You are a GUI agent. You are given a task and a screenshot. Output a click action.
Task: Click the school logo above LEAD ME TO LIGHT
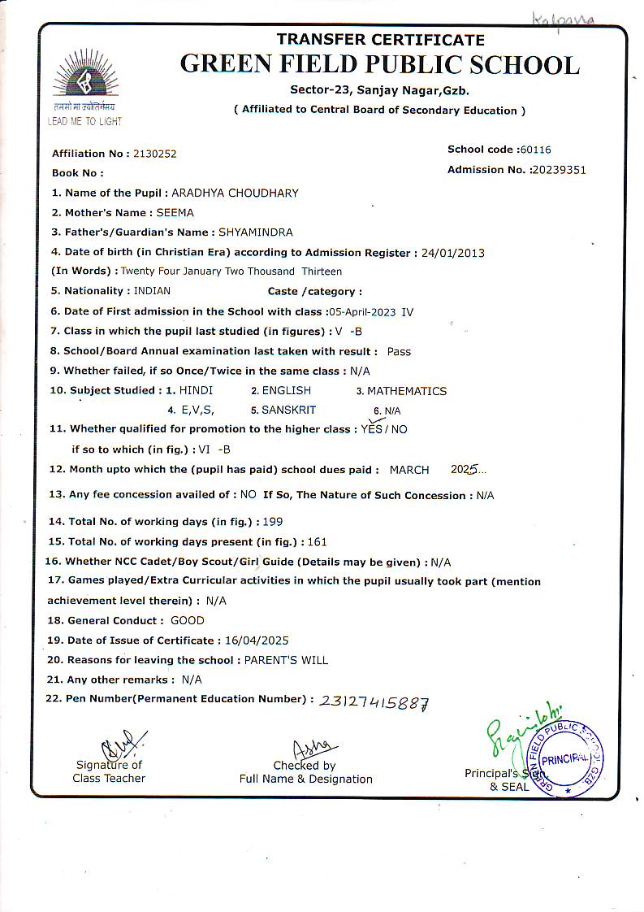coord(84,77)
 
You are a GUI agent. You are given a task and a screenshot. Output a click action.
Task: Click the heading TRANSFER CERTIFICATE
coord(380,40)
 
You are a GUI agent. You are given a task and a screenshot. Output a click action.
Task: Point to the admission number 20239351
coord(558,170)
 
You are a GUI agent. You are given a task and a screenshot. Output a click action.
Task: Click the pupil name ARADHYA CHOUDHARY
coord(236,193)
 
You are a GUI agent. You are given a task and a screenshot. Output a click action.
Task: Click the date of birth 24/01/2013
coord(453,253)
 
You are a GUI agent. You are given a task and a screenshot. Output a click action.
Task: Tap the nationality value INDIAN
coord(152,291)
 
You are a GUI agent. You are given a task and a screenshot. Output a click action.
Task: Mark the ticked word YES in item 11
coord(372,428)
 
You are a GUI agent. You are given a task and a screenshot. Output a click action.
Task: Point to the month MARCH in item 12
coord(410,470)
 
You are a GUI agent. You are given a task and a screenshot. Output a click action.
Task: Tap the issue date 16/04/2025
coord(257,641)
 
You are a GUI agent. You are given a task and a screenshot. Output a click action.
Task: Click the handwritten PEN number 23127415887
coord(374,701)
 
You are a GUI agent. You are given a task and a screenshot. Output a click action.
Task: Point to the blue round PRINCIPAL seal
coord(568,757)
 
